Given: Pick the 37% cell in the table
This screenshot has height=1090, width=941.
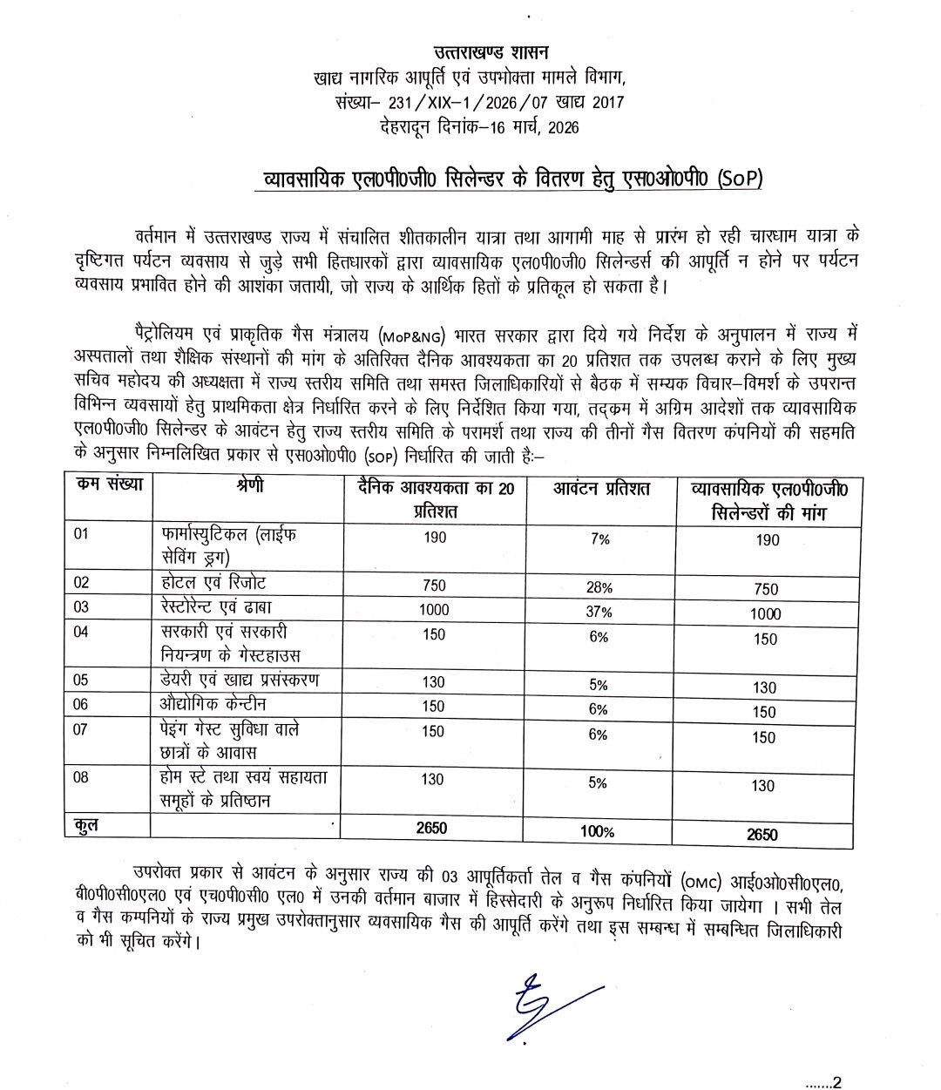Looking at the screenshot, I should [x=598, y=613].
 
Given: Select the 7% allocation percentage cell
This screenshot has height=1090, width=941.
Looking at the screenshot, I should [x=598, y=539].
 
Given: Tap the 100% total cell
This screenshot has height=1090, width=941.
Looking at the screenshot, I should [x=598, y=833].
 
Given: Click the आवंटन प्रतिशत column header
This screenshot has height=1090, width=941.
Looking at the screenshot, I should [x=602, y=490].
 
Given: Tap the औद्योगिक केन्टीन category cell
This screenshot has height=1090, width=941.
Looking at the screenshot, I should [x=214, y=703].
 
